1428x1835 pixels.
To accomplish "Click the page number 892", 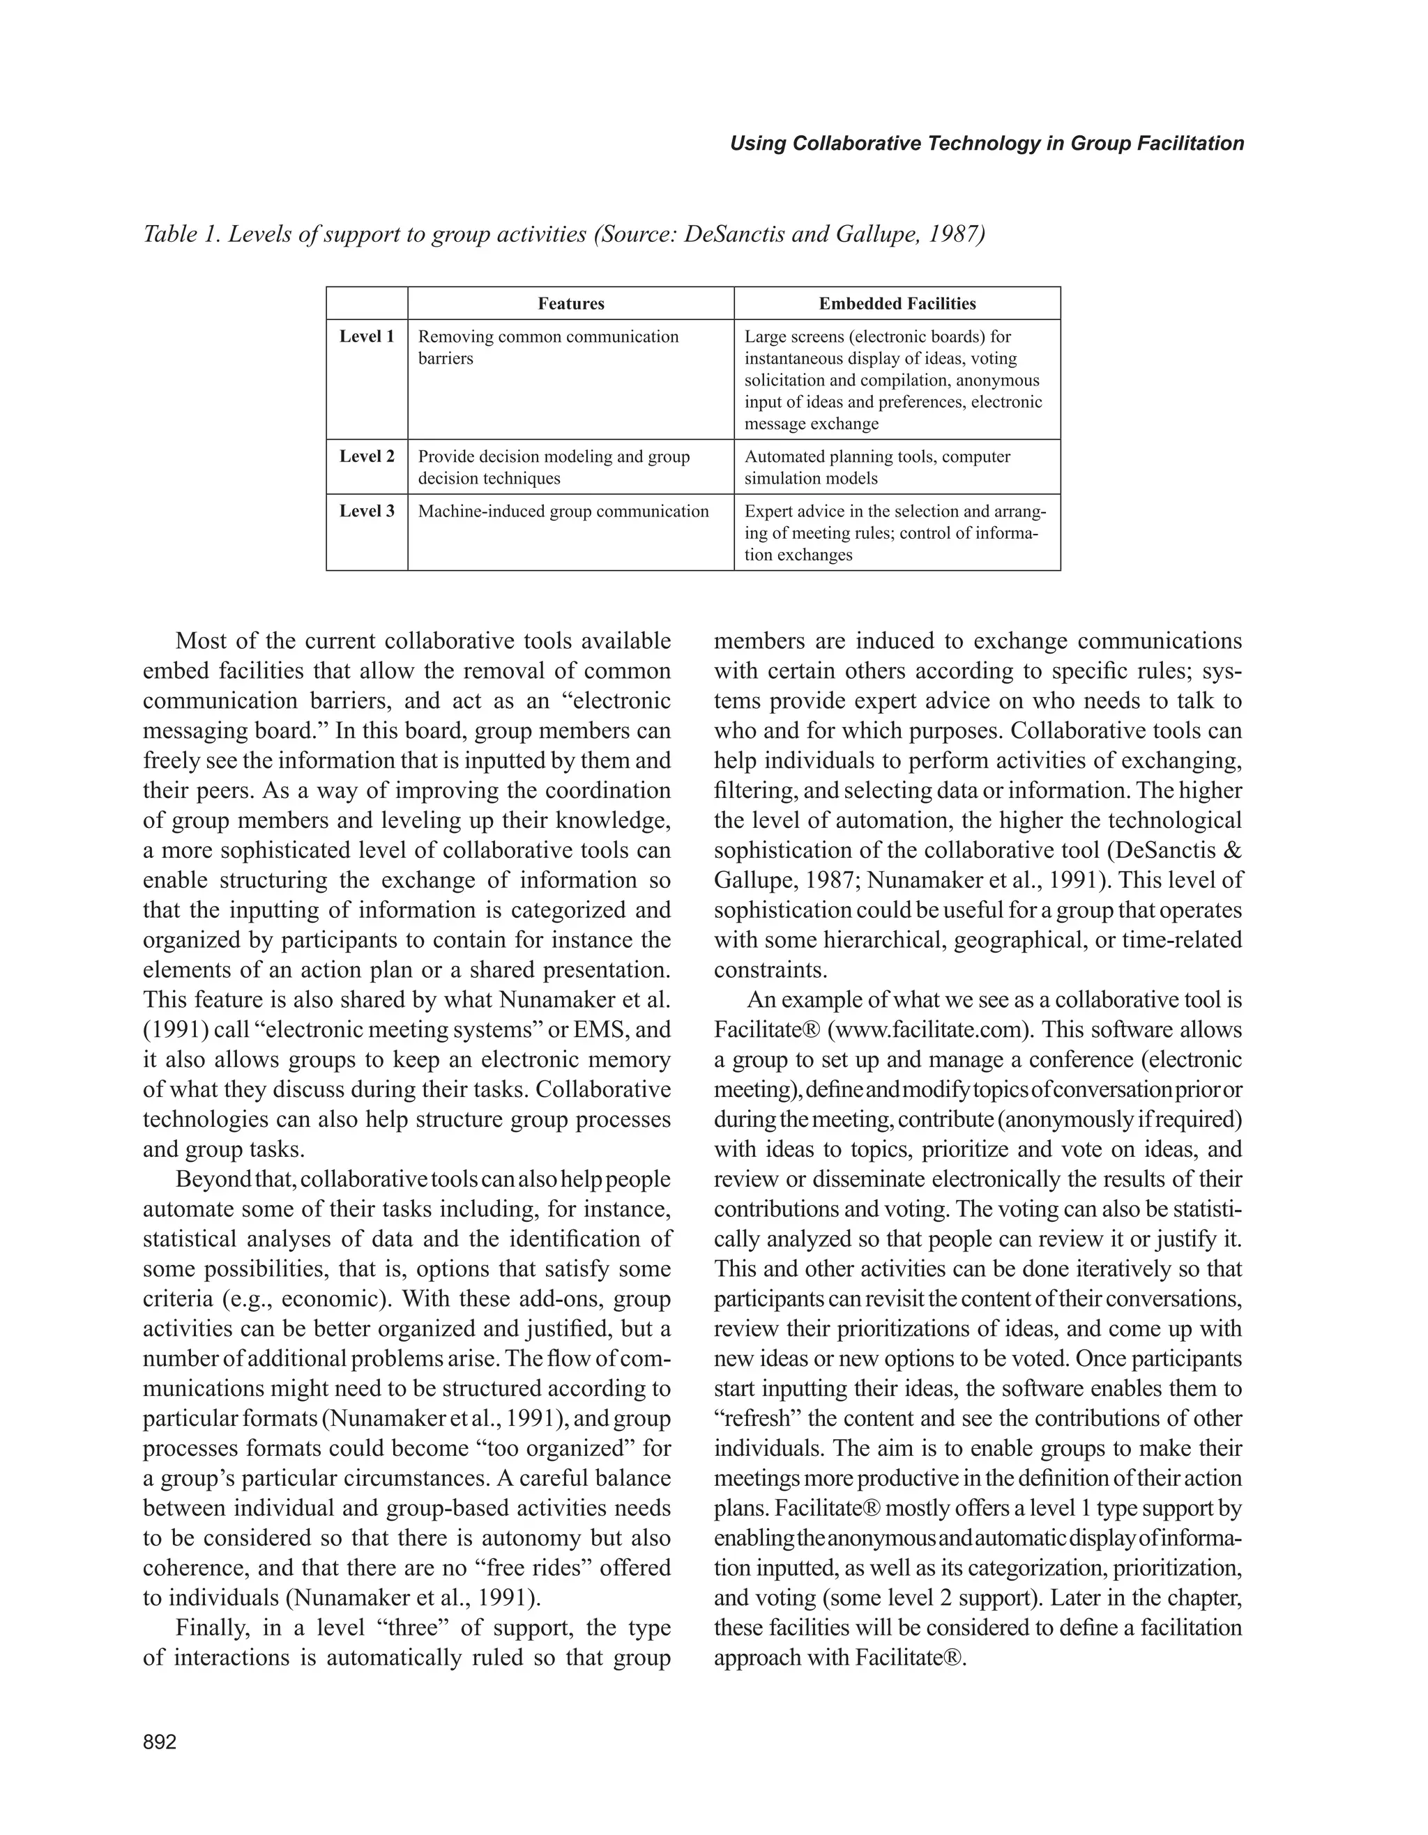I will (160, 1742).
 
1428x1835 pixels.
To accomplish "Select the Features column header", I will (570, 303).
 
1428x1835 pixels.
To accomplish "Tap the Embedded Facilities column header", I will (897, 303).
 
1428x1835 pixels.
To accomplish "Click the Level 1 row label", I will (367, 337).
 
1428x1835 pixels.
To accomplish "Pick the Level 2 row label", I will (367, 456).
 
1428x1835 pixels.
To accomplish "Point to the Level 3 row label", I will (367, 511).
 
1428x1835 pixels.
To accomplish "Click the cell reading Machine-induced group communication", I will (563, 511).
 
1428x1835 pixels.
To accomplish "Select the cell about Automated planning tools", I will (876, 467).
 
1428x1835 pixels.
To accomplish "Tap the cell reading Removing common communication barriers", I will (548, 347).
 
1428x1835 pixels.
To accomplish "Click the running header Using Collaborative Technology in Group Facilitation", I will (986, 144).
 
